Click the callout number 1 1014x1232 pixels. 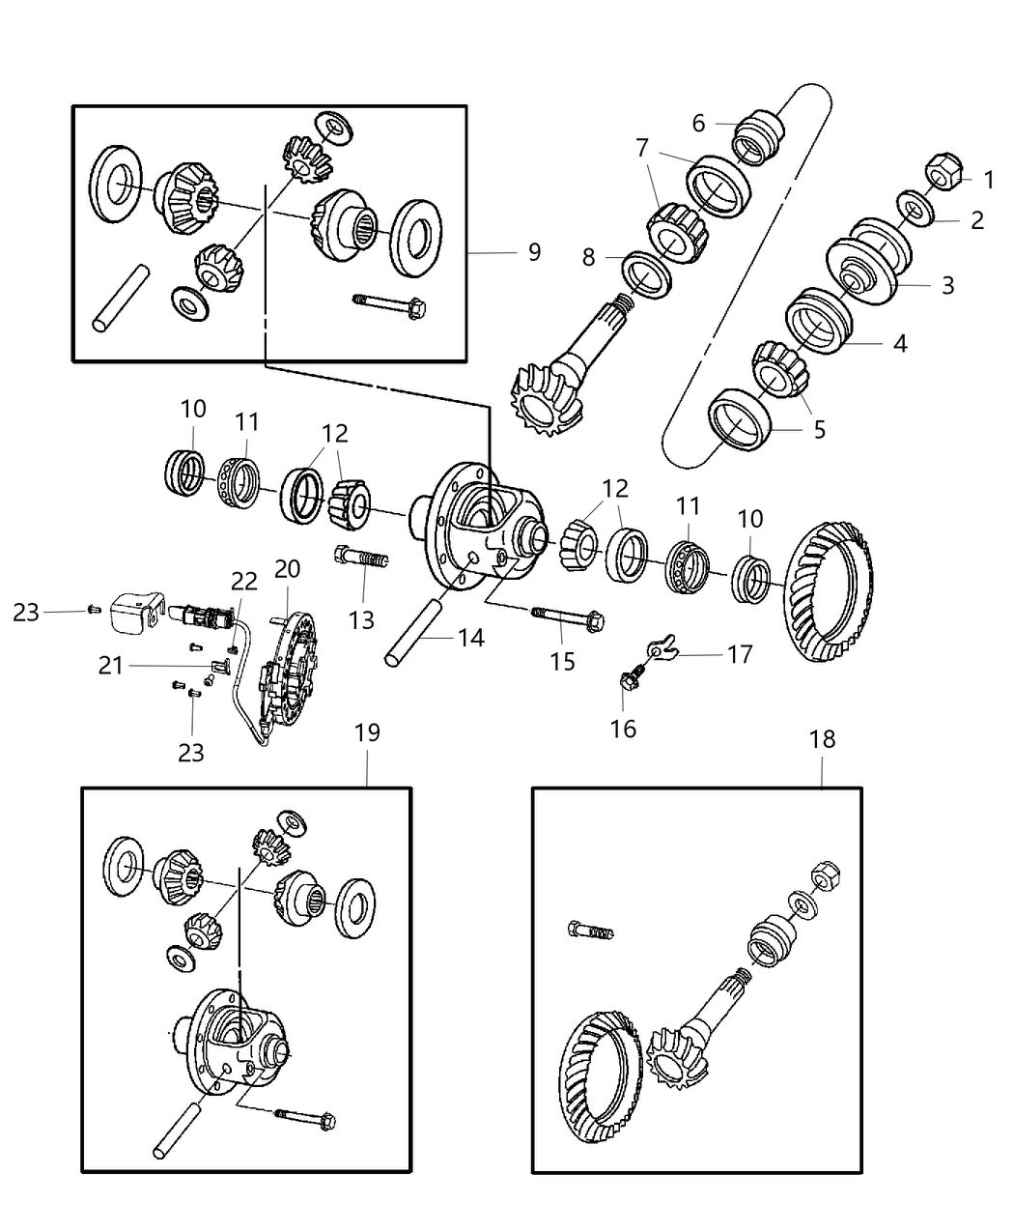point(988,179)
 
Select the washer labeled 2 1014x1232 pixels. point(913,209)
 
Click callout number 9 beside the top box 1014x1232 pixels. point(534,252)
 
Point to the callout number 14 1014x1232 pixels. point(470,638)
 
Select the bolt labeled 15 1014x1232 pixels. point(565,616)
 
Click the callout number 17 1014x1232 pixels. point(739,655)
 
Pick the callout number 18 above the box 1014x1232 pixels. point(822,739)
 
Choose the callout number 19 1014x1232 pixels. point(367,732)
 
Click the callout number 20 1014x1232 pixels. point(287,569)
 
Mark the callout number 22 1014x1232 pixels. point(243,581)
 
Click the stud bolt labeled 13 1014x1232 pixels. point(361,558)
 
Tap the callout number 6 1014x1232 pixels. point(698,124)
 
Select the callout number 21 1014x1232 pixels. point(111,665)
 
